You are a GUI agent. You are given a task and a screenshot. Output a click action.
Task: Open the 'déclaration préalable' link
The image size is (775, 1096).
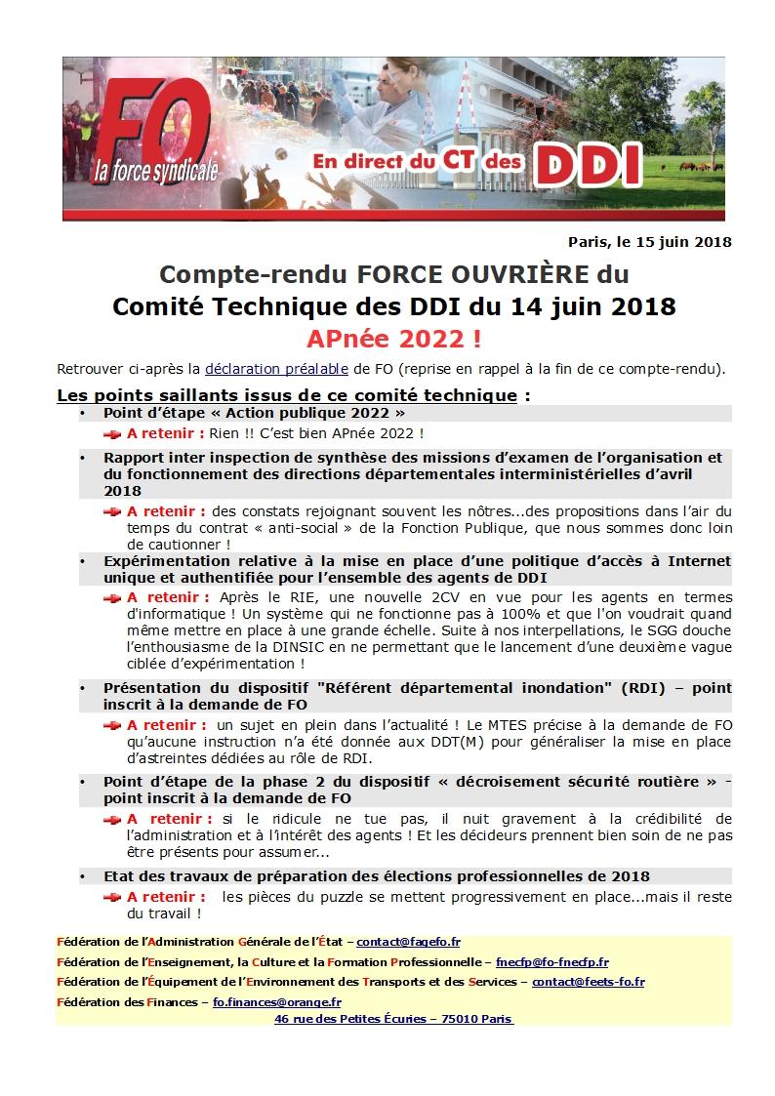tap(276, 370)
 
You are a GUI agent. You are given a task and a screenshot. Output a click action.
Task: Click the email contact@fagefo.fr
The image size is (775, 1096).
tap(408, 942)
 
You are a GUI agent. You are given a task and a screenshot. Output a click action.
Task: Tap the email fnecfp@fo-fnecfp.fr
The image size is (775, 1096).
tap(551, 961)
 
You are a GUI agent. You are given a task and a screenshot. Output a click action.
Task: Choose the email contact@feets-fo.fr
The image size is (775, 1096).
tap(588, 982)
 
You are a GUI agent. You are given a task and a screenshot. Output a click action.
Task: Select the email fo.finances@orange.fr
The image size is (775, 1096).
tap(277, 1001)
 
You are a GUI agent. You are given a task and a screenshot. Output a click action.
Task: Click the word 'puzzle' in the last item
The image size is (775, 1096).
tap(343, 896)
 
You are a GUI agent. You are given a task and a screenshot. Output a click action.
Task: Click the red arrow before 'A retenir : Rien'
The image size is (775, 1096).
tap(113, 432)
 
